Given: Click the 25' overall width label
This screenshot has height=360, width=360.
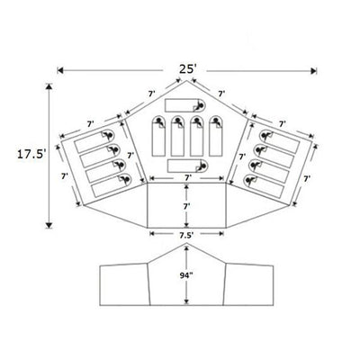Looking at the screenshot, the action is point(188,69).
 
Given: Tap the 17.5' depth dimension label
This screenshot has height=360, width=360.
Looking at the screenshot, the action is point(31,154).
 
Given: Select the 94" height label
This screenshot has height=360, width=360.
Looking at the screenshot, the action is point(186,276).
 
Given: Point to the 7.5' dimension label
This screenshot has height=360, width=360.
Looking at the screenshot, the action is point(186,236).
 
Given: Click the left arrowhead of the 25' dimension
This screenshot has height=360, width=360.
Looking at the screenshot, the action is point(60,70).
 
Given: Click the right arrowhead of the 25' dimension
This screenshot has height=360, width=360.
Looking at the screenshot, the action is point(314,71).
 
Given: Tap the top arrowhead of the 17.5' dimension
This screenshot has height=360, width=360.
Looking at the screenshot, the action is point(49,86).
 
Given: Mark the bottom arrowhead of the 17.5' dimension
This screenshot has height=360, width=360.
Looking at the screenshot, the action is point(49,225).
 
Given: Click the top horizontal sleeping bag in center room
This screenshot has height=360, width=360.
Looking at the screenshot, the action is point(184,105).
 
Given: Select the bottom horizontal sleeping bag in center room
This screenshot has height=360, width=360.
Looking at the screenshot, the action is point(187,166).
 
